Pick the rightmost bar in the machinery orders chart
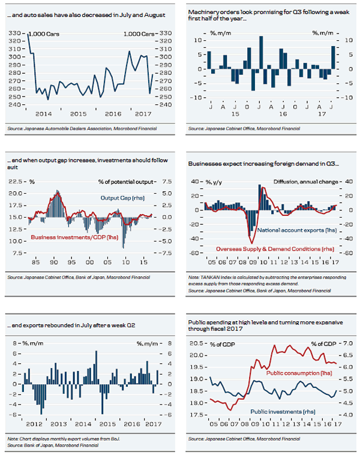pyautogui.click(x=333, y=58)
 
